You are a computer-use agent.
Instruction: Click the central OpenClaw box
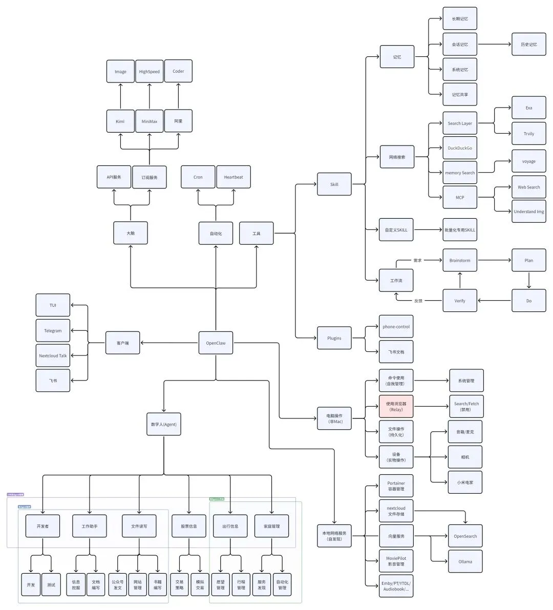tap(216, 343)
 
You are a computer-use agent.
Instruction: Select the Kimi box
tap(120, 121)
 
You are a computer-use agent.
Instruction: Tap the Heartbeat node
tap(233, 177)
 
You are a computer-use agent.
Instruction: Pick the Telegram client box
tap(53, 331)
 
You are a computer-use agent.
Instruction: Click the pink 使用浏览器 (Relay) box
tap(396, 407)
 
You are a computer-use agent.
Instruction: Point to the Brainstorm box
tap(460, 260)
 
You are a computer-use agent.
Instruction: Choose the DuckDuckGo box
tap(460, 148)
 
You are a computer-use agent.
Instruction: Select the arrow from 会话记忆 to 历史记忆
tap(494, 45)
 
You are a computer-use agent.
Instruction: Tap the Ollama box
tap(465, 561)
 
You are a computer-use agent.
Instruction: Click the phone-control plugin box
tap(396, 327)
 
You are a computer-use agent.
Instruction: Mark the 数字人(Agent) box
tap(164, 425)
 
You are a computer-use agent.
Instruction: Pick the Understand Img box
tap(529, 212)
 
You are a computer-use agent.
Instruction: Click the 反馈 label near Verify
tap(418, 301)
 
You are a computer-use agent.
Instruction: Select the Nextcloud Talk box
tap(53, 356)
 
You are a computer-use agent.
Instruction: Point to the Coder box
tap(178, 71)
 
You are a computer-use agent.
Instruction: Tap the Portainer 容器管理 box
tap(396, 486)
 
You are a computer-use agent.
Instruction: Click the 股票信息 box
tap(188, 526)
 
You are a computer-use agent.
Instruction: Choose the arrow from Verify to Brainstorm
tap(460, 280)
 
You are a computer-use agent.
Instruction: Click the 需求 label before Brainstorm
tap(417, 260)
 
